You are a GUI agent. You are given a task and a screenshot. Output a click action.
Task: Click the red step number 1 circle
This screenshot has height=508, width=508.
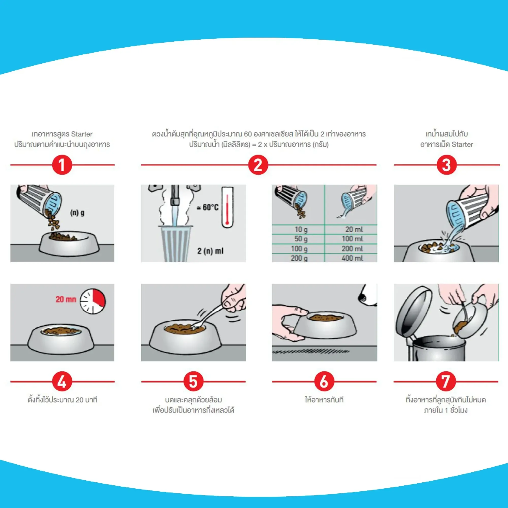62,165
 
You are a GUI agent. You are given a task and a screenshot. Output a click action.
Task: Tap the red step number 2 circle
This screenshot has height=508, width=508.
258,165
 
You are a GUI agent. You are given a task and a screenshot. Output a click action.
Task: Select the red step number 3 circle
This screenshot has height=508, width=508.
447,165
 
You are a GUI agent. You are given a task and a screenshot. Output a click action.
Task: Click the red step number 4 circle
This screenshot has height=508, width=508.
62,382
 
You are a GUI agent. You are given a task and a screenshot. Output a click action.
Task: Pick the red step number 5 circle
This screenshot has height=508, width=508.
193,382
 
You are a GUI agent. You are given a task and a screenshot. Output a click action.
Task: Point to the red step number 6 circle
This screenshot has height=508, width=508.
324,382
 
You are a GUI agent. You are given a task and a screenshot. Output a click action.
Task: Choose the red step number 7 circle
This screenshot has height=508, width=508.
446,382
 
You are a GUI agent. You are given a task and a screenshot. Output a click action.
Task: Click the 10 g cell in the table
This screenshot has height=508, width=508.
301,230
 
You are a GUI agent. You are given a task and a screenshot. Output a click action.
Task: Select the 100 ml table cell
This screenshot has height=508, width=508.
352,239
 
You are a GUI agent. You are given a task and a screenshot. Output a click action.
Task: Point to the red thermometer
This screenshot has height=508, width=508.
227,207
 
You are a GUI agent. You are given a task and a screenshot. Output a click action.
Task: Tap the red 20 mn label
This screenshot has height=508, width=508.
66,299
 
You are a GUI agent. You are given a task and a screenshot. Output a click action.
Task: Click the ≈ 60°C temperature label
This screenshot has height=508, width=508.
208,208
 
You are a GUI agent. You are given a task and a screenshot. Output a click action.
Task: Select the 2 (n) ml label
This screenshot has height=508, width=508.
210,251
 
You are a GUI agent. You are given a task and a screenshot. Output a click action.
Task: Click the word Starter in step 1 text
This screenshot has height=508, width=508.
82,134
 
